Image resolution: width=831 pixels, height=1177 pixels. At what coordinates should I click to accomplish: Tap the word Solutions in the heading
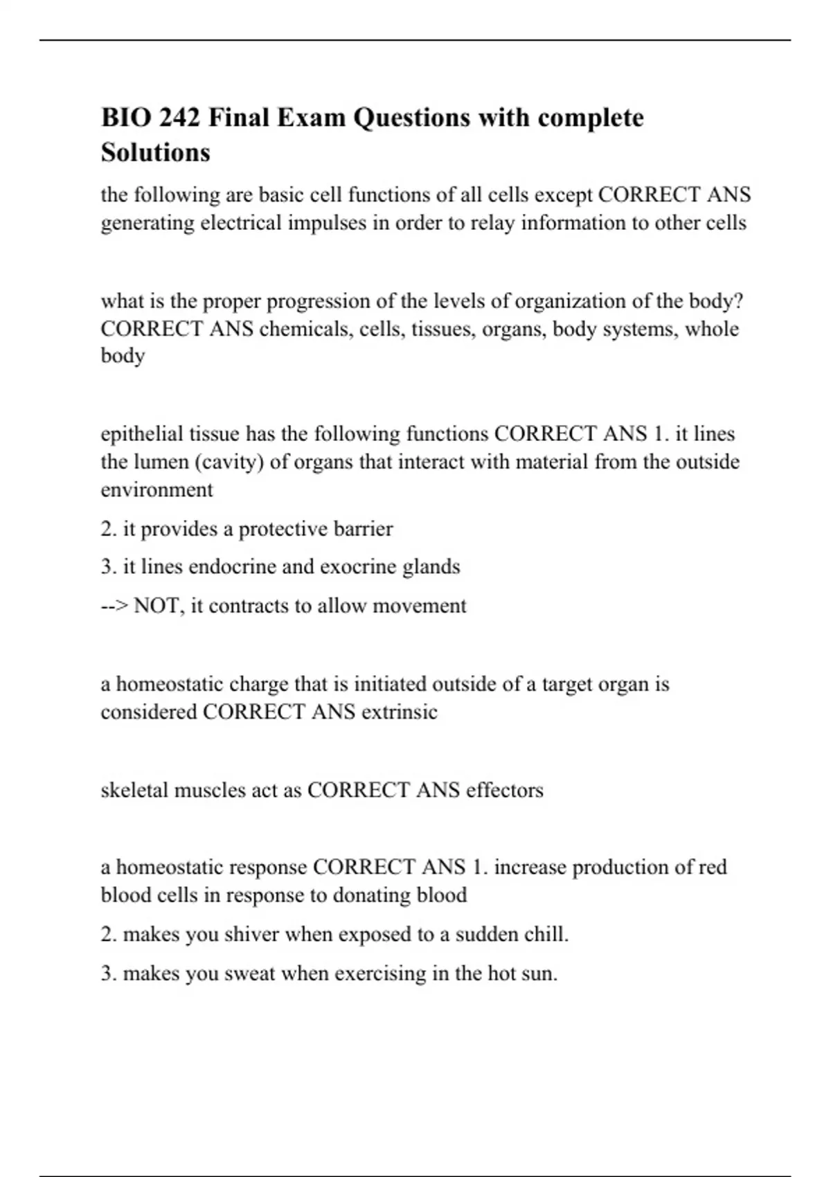point(155,152)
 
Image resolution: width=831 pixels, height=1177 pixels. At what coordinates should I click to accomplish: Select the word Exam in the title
point(311,118)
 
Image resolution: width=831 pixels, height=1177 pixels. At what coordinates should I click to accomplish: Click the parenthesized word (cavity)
point(224,462)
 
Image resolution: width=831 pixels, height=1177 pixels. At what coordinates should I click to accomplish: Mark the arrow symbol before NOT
point(114,607)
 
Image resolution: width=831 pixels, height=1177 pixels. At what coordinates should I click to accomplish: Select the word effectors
point(505,790)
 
